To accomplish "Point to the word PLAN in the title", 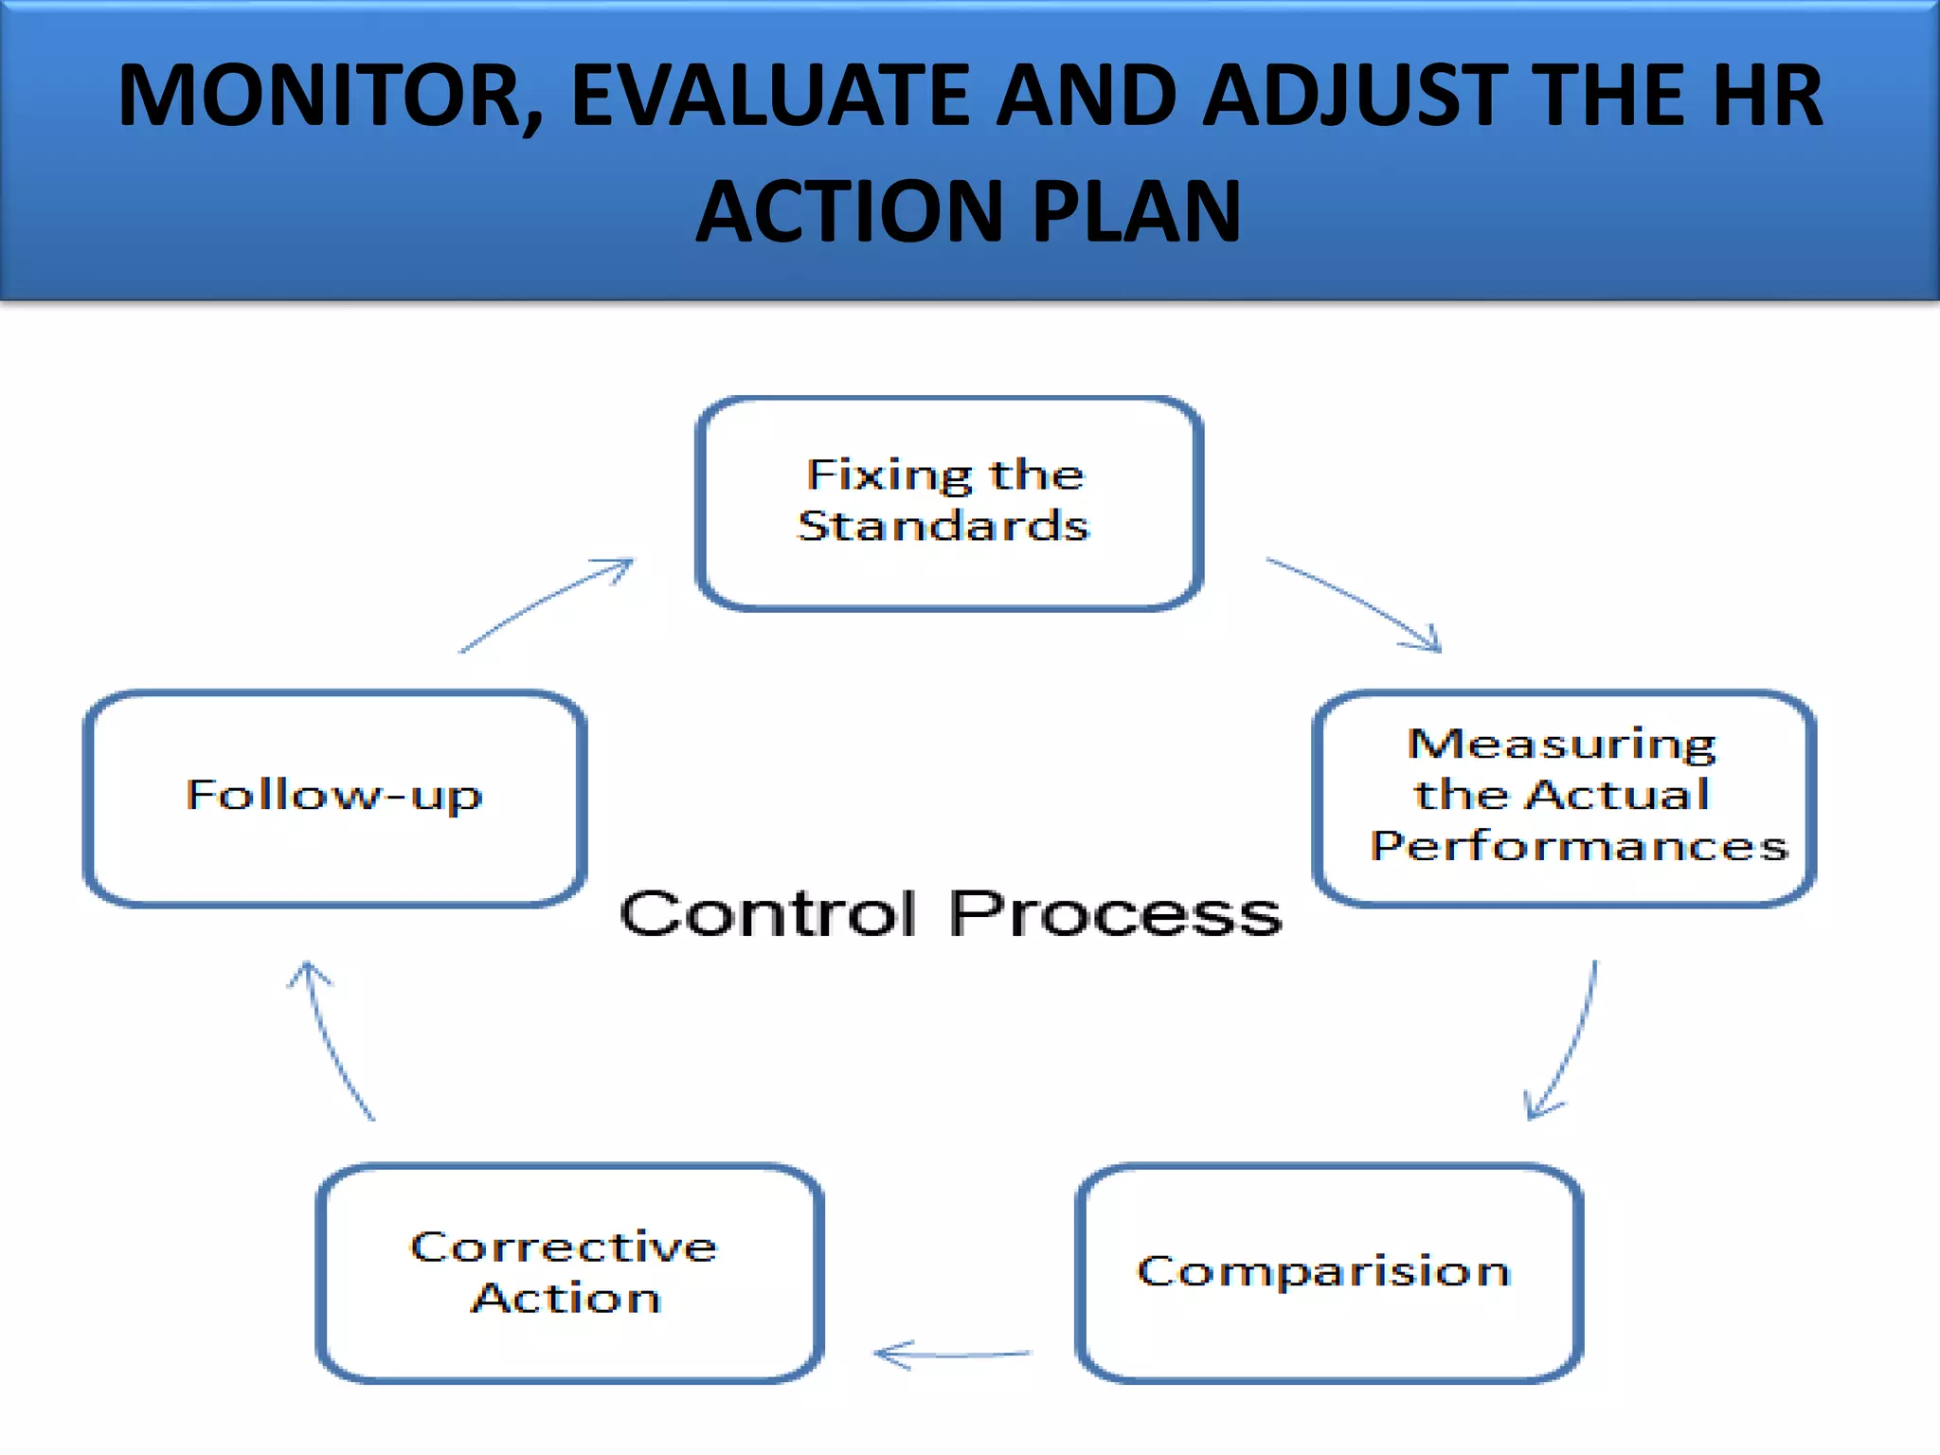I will tap(1137, 212).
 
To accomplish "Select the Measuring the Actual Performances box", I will tap(1563, 798).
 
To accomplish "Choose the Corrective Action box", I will tap(569, 1272).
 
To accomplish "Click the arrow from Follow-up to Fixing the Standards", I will tap(545, 604).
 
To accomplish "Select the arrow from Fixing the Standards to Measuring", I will tap(1355, 602).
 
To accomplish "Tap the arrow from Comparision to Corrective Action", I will tap(952, 1355).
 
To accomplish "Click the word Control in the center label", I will tap(767, 914).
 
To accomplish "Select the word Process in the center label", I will tap(1115, 914).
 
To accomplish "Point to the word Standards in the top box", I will tap(943, 527).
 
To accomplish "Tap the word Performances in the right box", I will tap(1579, 846).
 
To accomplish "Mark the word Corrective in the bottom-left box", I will tap(564, 1247).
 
